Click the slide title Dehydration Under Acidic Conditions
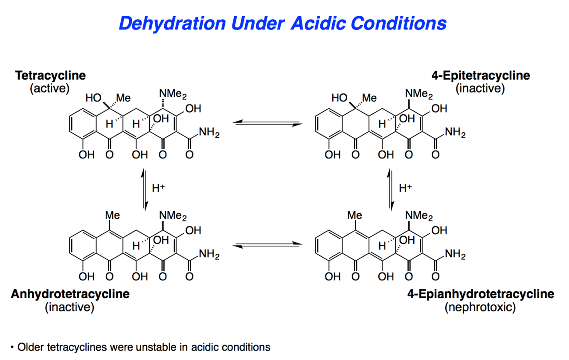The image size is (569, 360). (282, 23)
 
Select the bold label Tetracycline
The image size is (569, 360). (50, 75)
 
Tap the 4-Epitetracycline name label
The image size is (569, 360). (480, 75)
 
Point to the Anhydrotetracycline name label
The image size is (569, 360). (70, 294)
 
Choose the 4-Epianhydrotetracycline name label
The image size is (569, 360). (480, 294)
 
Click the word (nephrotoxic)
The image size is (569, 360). (480, 307)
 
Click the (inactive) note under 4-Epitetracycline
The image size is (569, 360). (480, 89)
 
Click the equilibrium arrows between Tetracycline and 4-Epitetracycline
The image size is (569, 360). (267, 123)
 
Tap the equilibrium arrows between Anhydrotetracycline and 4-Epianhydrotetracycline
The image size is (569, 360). (267, 245)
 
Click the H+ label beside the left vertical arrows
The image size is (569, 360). (158, 188)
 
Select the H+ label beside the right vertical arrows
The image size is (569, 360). (405, 188)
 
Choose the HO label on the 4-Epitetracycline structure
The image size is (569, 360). (340, 99)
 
